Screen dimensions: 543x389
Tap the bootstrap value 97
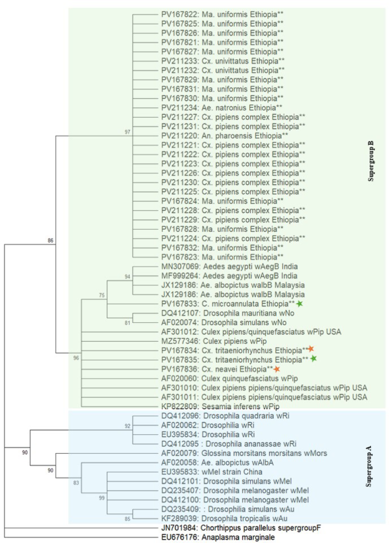[x=128, y=132]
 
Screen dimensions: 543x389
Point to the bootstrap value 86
[x=51, y=241]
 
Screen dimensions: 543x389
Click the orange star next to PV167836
[x=277, y=370]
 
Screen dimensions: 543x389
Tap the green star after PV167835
[x=313, y=359]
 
